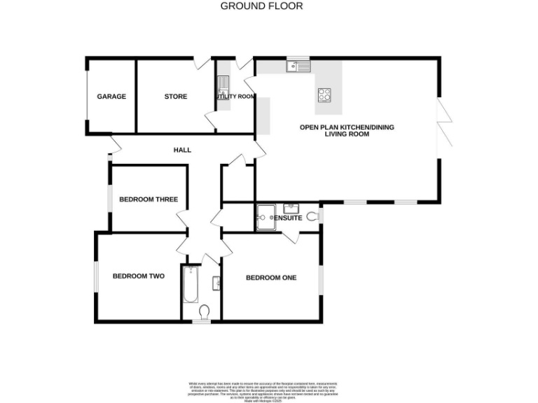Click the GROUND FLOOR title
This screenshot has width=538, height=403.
[262, 6]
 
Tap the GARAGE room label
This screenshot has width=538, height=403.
[111, 97]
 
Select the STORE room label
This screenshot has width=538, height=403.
[176, 97]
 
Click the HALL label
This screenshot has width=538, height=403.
[182, 150]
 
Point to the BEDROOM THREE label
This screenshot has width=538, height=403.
[149, 199]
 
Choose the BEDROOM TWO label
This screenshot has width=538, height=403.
[139, 276]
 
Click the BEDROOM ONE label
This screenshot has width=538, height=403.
[271, 278]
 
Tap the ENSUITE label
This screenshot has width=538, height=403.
[287, 218]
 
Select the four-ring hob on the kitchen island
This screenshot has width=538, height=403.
[324, 94]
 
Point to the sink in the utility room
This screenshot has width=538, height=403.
[222, 87]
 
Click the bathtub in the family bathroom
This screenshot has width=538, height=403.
[191, 286]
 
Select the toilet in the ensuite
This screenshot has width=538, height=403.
[312, 218]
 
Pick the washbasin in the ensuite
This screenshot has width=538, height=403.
[291, 208]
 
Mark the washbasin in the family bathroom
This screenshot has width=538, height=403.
[216, 283]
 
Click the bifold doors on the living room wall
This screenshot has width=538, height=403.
[443, 123]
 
